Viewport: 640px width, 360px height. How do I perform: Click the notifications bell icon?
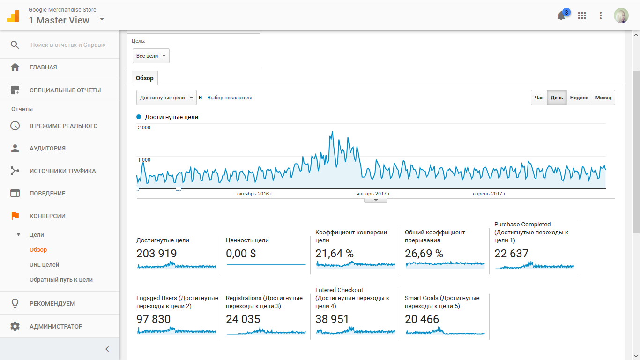pyautogui.click(x=561, y=16)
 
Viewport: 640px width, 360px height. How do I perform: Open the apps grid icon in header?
pyautogui.click(x=582, y=15)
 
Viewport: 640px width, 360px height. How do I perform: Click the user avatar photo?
pyautogui.click(x=621, y=15)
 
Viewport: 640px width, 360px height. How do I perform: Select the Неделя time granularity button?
pyautogui.click(x=579, y=97)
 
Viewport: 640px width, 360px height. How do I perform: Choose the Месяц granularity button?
pyautogui.click(x=603, y=97)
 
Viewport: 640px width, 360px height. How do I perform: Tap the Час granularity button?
pyautogui.click(x=539, y=97)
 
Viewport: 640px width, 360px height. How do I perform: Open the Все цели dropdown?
pyautogui.click(x=151, y=56)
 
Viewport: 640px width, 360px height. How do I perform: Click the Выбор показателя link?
pyautogui.click(x=230, y=97)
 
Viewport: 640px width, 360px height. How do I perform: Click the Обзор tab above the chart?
pyautogui.click(x=145, y=78)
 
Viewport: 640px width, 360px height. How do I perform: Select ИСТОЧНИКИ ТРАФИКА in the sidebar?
pyautogui.click(x=62, y=171)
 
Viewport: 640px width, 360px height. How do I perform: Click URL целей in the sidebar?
pyautogui.click(x=44, y=265)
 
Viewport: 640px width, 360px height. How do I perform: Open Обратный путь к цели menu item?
pyautogui.click(x=61, y=280)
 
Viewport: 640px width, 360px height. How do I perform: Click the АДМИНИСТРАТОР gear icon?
pyautogui.click(x=15, y=326)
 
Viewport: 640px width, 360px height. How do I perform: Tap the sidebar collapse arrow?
pyautogui.click(x=107, y=349)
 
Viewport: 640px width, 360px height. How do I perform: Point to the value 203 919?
pyautogui.click(x=156, y=254)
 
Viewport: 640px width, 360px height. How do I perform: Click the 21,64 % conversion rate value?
pyautogui.click(x=335, y=254)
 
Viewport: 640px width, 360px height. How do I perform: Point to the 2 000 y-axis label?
pyautogui.click(x=144, y=127)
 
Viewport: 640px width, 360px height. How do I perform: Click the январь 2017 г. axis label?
pyautogui.click(x=373, y=194)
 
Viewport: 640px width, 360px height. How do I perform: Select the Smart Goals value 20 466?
pyautogui.click(x=422, y=319)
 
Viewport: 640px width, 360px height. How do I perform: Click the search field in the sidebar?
pyautogui.click(x=68, y=45)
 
